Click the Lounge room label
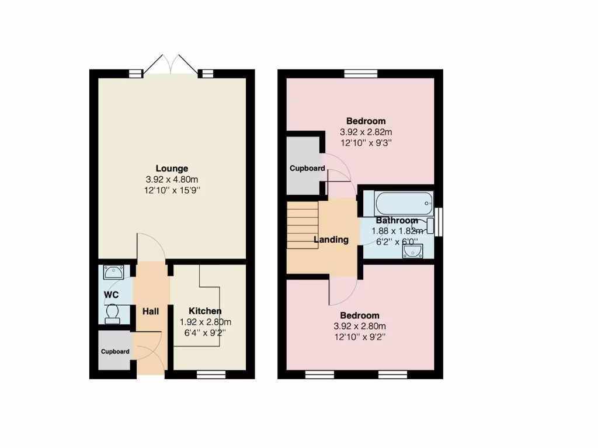click(172, 169)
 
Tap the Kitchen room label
click(204, 311)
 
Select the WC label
click(111, 295)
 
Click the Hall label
click(151, 312)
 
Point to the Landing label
click(331, 239)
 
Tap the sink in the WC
click(113, 271)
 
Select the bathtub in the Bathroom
click(404, 204)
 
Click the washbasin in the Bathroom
click(413, 251)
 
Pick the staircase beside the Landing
click(302, 225)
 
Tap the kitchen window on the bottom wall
click(210, 374)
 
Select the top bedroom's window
click(360, 73)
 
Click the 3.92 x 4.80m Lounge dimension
click(172, 180)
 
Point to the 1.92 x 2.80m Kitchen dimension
click(204, 322)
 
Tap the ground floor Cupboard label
click(114, 352)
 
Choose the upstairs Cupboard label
click(307, 168)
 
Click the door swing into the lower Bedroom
click(343, 290)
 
